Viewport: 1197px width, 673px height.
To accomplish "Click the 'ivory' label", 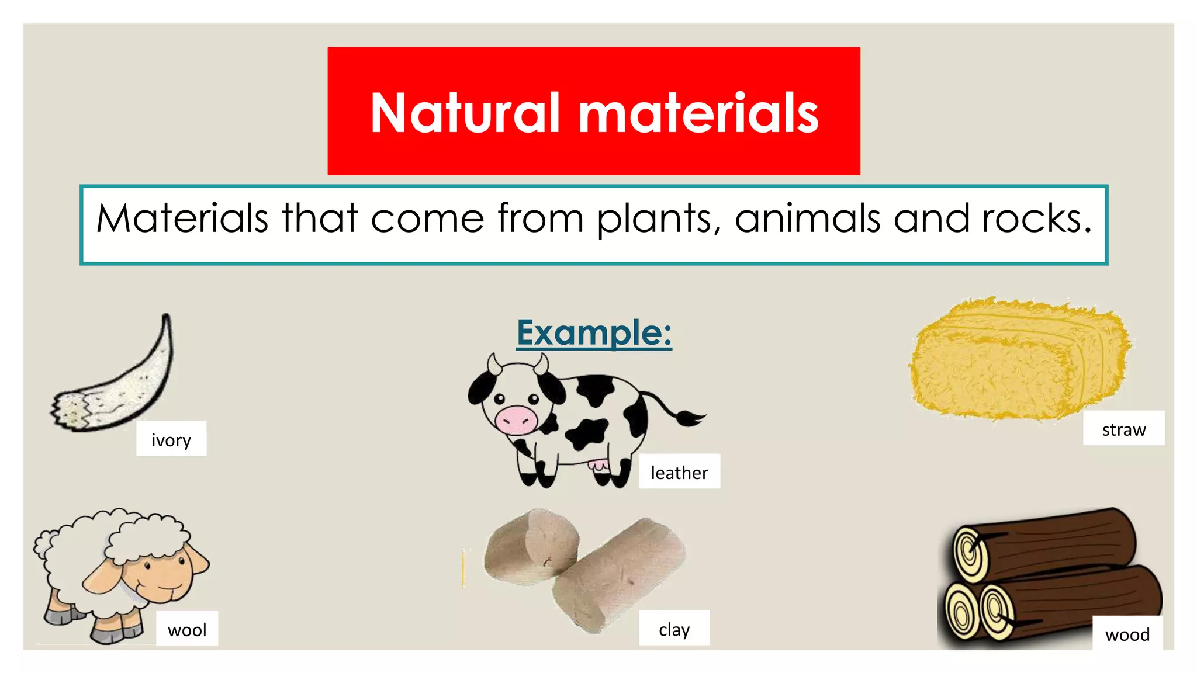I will tap(171, 439).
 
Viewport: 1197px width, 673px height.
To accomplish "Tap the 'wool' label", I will tap(187, 629).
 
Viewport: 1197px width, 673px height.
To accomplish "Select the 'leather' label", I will tap(679, 472).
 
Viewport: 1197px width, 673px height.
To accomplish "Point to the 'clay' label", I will tap(674, 629).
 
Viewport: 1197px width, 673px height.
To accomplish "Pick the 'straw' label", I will tap(1123, 429).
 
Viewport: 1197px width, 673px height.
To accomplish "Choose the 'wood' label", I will tap(1127, 634).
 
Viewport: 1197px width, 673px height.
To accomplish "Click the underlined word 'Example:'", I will tap(594, 332).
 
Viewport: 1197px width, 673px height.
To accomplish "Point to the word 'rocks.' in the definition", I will tap(1036, 218).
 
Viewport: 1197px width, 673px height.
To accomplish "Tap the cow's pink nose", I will tap(516, 419).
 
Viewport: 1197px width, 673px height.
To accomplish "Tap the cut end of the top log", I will tap(971, 553).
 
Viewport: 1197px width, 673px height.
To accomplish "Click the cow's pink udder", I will tap(598, 466).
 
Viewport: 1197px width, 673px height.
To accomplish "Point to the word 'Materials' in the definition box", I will tap(182, 218).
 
